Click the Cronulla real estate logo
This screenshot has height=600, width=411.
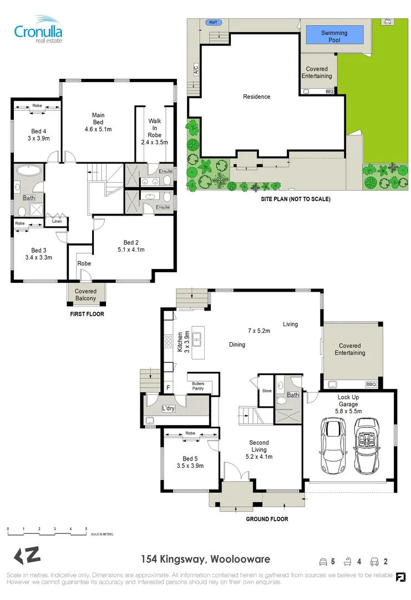[x=38, y=29]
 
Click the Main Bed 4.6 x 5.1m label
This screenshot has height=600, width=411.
[x=98, y=122]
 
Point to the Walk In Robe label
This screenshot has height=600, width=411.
[x=154, y=132]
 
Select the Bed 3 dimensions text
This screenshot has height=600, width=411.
[x=38, y=258]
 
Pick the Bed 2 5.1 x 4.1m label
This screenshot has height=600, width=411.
[x=131, y=246]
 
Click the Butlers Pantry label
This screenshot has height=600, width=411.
[x=198, y=386]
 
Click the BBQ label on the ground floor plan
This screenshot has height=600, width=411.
[x=371, y=384]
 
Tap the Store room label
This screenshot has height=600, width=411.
[x=267, y=391]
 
